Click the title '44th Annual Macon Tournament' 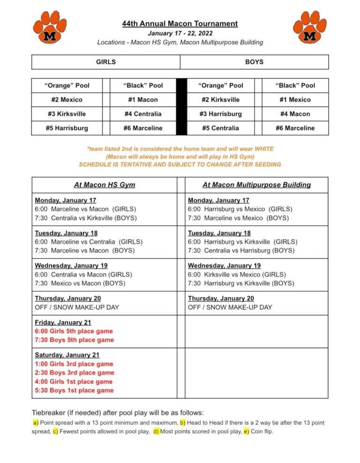coord(180,23)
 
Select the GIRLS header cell coord(106,62)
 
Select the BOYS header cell coord(254,62)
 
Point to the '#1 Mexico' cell coord(295,100)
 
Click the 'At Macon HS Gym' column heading coord(105,185)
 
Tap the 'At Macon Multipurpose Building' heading coord(256,185)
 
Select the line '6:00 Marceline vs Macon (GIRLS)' coord(86,209)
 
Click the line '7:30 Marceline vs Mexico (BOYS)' coord(239,218)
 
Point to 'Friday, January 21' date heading coord(63,322)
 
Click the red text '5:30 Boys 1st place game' coord(74,390)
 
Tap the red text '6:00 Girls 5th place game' coord(74,331)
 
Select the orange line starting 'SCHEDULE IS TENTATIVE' coord(180,164)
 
